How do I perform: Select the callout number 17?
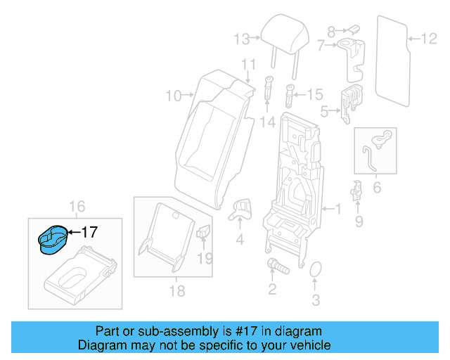(89, 232)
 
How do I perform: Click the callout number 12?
(429, 38)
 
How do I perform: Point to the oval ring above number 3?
(316, 271)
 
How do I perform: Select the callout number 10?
(173, 95)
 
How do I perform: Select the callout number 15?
(314, 94)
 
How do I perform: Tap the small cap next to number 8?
(354, 29)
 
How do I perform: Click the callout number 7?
(321, 46)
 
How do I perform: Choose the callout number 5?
(324, 110)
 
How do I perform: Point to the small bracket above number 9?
(356, 190)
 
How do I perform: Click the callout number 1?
(337, 210)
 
